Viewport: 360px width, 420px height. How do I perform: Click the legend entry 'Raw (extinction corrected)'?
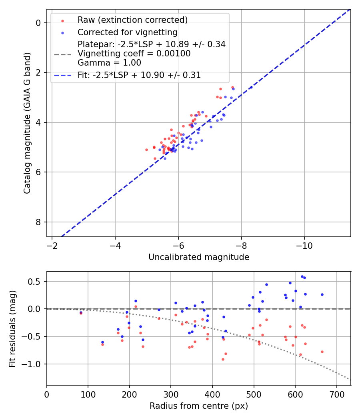(x=132, y=20)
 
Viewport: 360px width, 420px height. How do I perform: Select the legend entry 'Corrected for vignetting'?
(x=127, y=32)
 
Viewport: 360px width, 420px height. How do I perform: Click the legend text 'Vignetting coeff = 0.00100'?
(x=134, y=54)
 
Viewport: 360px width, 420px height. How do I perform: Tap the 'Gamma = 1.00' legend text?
(x=109, y=63)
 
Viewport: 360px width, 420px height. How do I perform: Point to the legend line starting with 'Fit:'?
(x=139, y=75)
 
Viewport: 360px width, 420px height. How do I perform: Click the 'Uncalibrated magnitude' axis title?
(x=199, y=257)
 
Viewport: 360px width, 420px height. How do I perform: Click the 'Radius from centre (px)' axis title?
(x=199, y=406)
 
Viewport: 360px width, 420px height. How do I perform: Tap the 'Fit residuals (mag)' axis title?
(x=13, y=328)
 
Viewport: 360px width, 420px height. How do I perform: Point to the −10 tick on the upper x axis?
(x=304, y=244)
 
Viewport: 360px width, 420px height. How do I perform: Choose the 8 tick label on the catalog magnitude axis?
(x=38, y=222)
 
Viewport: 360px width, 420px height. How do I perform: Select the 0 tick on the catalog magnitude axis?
(x=38, y=23)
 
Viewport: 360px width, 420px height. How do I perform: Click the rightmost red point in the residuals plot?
(x=322, y=352)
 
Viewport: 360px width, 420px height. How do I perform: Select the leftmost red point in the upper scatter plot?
(x=146, y=150)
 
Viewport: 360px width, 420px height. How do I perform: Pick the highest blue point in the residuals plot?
(x=302, y=276)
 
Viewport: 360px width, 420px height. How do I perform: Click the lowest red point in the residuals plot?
(x=223, y=359)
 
